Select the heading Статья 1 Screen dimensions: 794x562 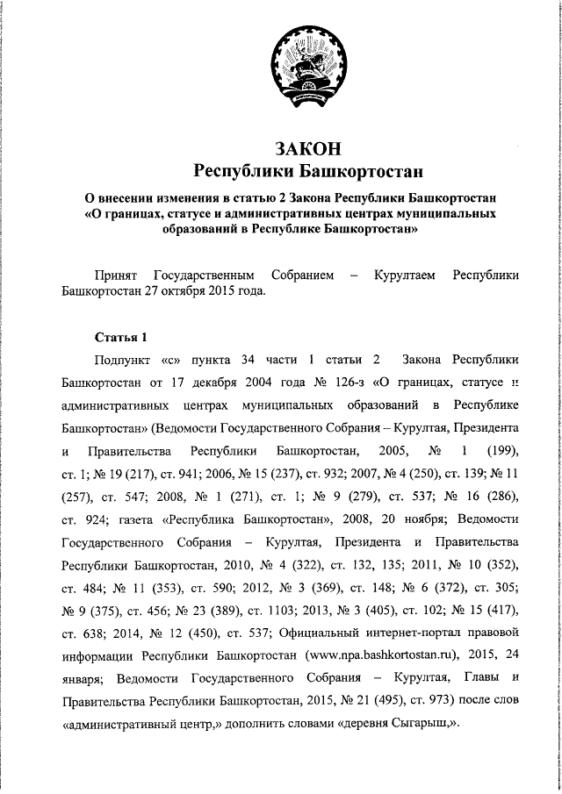(123, 337)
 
